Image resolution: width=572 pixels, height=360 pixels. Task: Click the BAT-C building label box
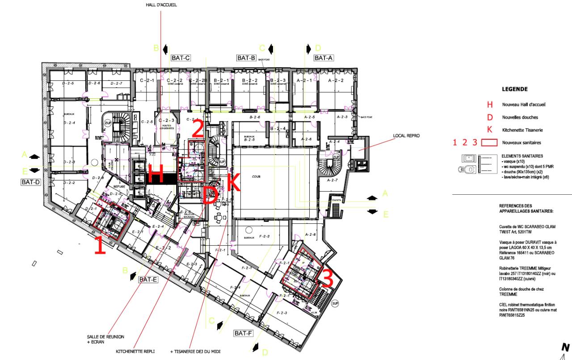[181, 58]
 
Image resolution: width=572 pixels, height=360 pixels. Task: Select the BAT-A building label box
[323, 58]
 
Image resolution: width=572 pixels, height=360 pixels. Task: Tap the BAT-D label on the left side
[30, 182]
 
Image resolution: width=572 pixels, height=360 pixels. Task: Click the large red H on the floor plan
[156, 174]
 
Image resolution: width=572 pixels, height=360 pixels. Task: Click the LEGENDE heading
[514, 89]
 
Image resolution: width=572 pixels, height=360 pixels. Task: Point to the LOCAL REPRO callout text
[406, 135]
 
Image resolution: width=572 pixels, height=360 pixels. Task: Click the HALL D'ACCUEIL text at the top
[161, 5]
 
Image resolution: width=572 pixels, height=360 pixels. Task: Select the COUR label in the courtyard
[256, 176]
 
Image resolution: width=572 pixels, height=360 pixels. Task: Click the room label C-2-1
[147, 81]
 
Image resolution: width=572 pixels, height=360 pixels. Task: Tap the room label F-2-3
[282, 313]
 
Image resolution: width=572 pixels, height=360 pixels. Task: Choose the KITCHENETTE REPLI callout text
[135, 352]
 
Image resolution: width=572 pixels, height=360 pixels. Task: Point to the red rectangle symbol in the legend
[492, 142]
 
